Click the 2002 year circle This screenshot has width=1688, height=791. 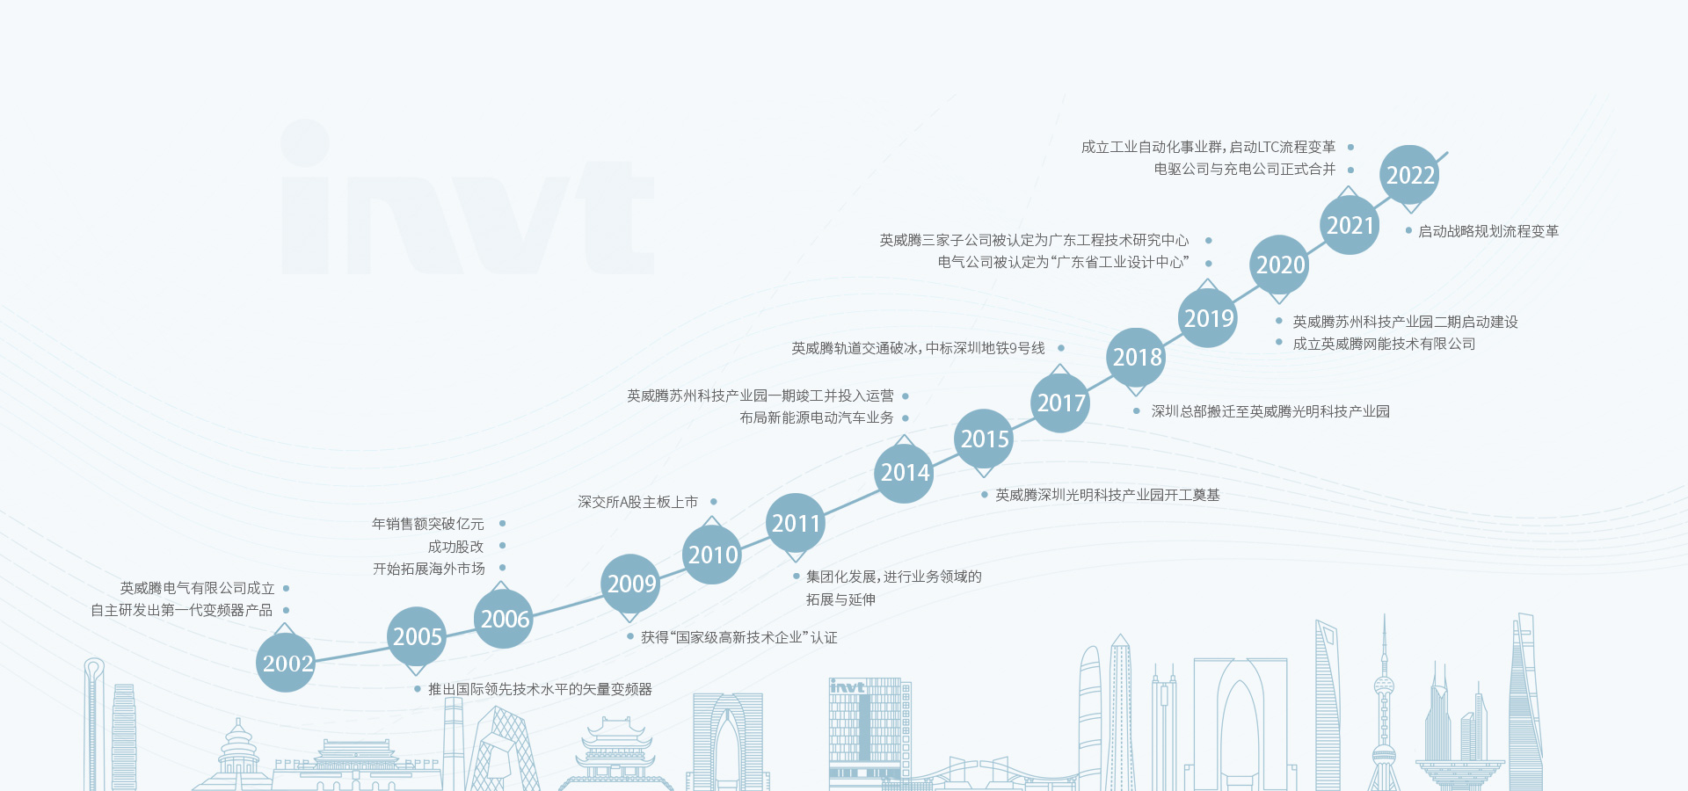286,663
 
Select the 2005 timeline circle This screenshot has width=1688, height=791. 417,636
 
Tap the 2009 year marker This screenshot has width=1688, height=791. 631,584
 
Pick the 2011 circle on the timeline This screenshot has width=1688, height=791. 796,524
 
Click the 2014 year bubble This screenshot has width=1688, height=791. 905,473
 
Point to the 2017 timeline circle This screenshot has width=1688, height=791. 1060,403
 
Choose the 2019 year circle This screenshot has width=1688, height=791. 1208,318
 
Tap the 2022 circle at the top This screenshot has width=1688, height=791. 1409,175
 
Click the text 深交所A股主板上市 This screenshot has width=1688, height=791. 637,502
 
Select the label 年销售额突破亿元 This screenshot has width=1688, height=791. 428,524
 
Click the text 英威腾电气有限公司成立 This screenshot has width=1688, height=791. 198,588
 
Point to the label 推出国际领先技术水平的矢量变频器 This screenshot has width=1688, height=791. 540,689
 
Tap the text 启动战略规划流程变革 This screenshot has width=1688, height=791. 1488,231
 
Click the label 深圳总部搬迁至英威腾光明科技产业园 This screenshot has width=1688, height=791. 1270,411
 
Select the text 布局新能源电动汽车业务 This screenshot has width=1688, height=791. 817,417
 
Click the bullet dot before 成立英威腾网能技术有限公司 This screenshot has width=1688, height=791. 1279,343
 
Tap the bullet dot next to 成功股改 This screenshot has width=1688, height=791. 502,546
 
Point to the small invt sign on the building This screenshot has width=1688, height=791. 848,687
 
